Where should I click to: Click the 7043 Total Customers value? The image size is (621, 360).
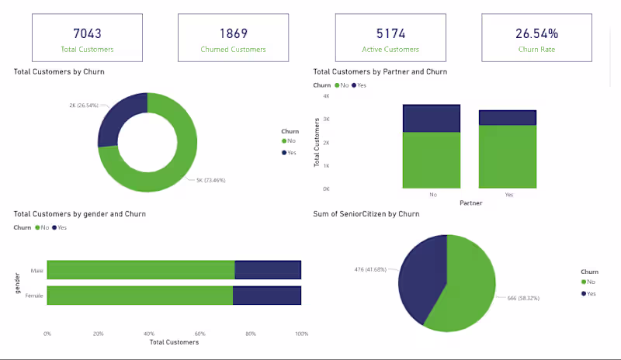coord(87,33)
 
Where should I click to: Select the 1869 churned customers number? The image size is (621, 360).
coord(233,33)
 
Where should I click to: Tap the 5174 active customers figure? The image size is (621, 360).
coord(391,33)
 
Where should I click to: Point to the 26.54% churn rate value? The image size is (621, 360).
coord(536,33)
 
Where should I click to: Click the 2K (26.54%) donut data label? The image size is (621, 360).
coord(84,105)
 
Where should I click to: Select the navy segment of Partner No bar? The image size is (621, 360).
coord(431,118)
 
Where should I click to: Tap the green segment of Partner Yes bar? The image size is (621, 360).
coord(507,156)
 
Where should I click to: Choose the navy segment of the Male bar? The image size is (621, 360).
coord(268,270)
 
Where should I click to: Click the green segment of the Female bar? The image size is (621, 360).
coord(140,296)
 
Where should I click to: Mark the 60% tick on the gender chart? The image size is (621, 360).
coord(199,334)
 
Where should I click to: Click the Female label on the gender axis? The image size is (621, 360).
coord(35,296)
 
